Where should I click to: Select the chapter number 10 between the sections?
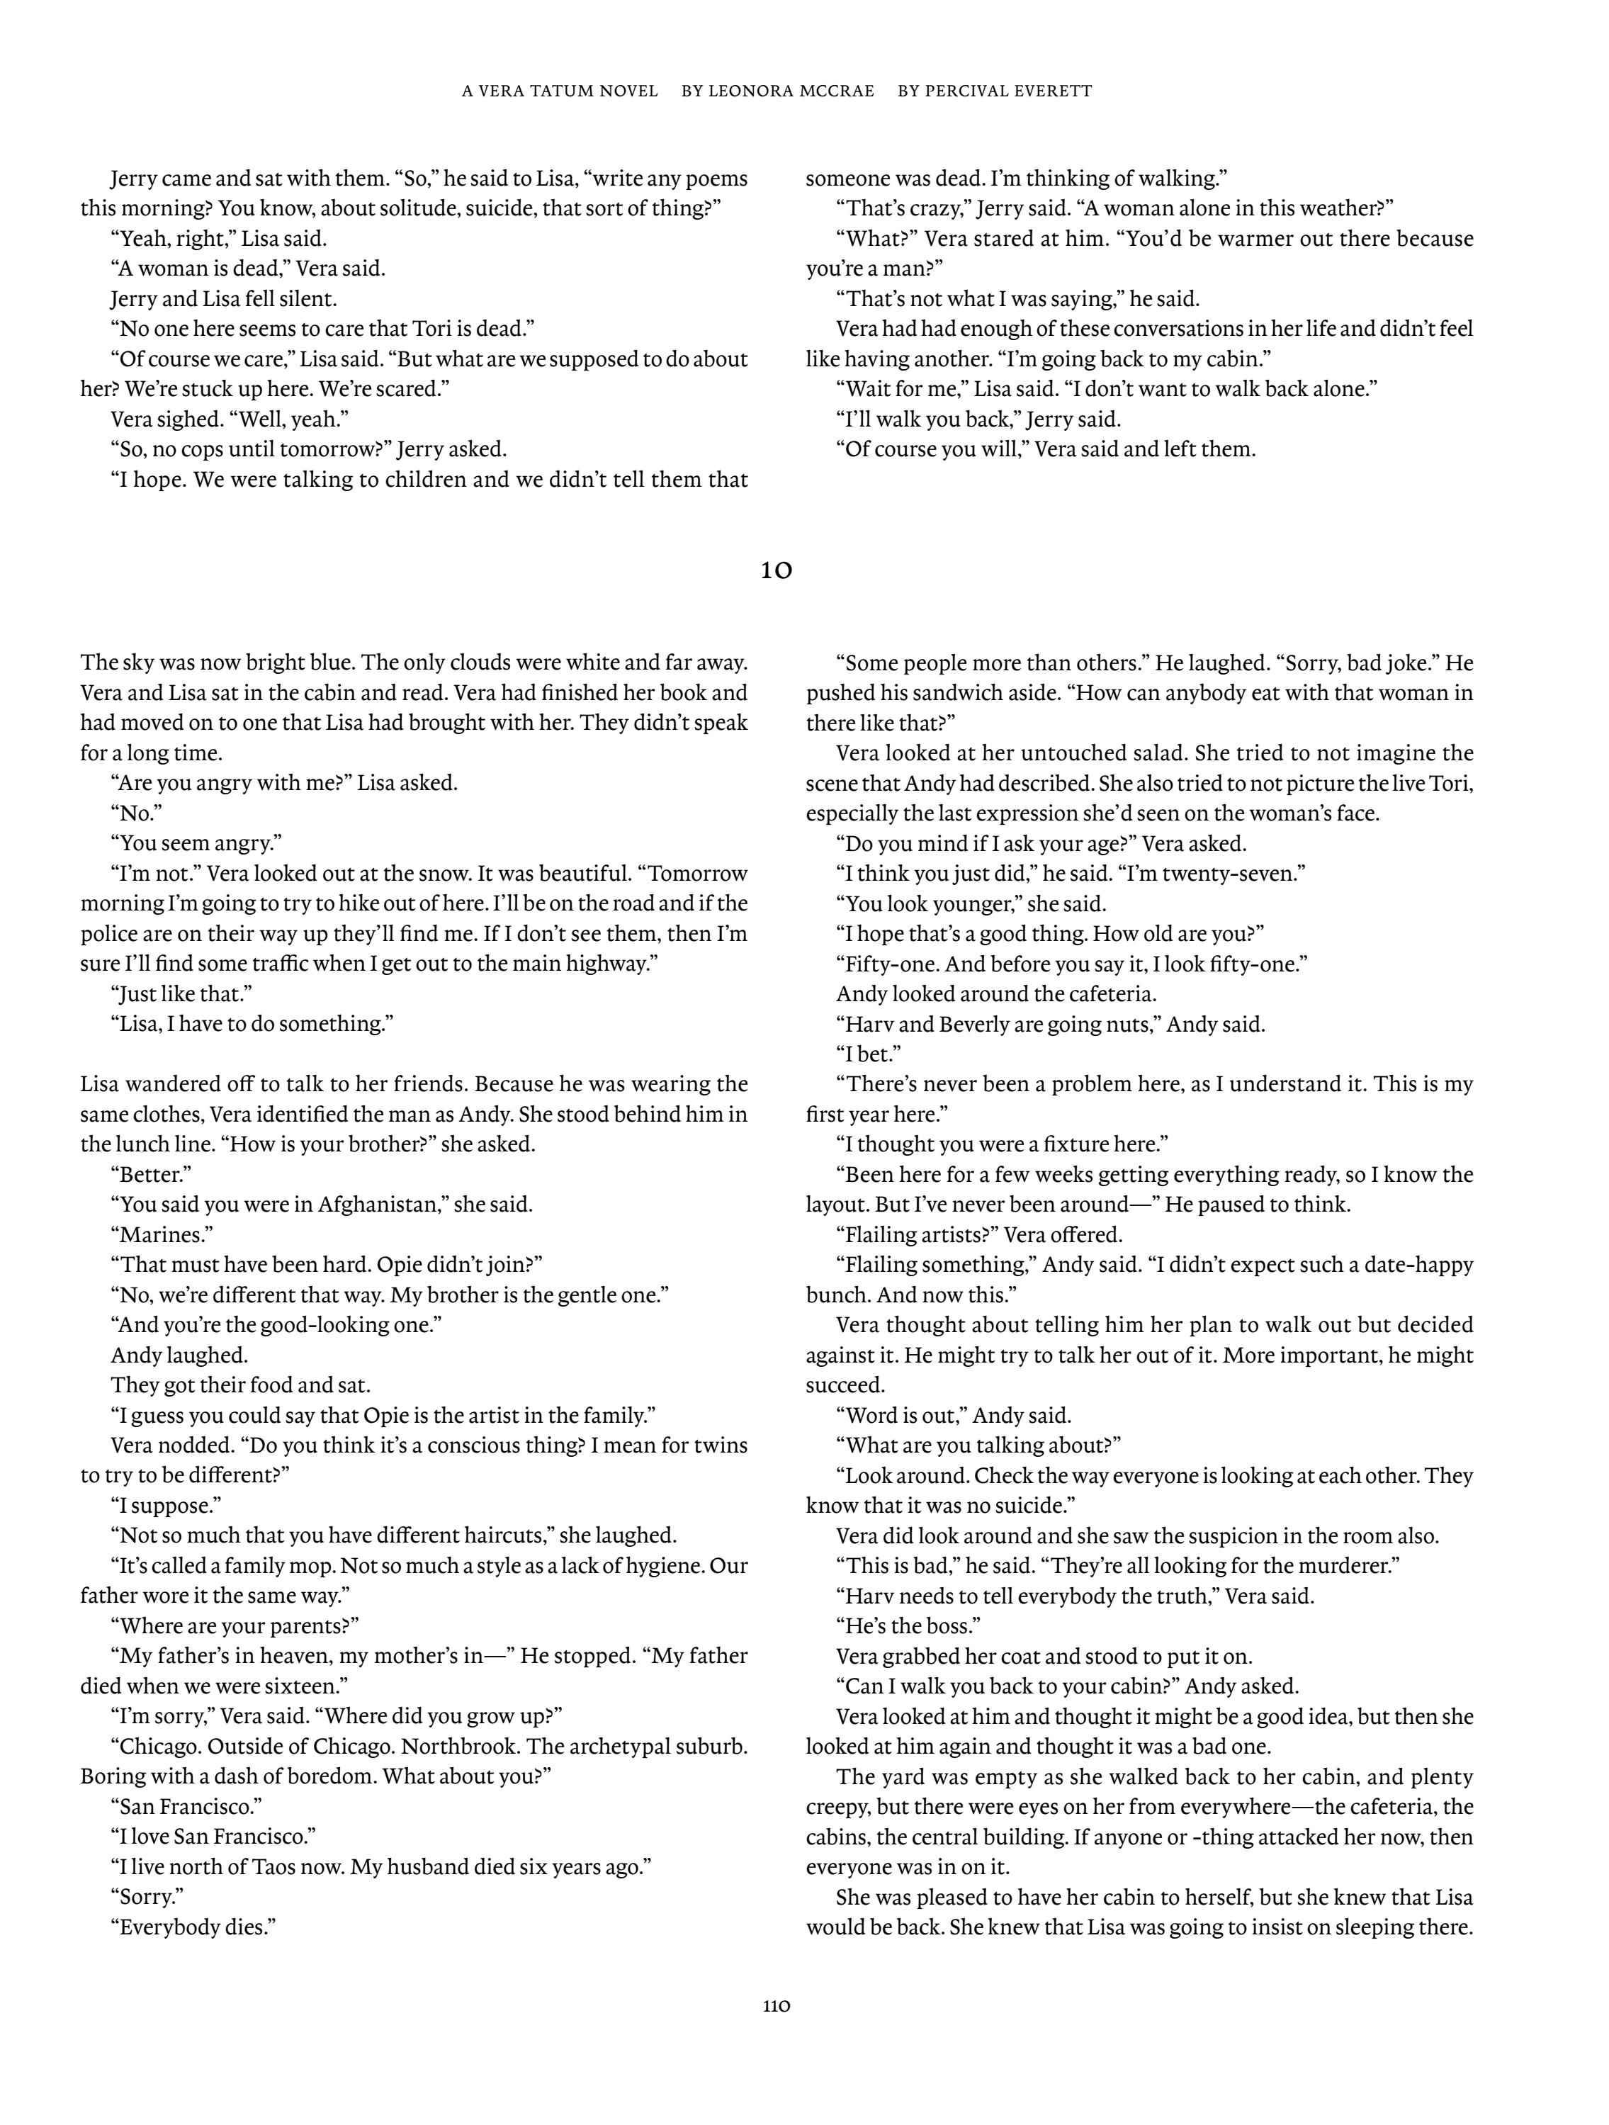777,570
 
